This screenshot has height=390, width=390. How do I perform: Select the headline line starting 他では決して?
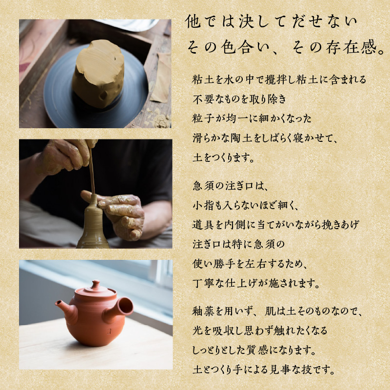click(272, 22)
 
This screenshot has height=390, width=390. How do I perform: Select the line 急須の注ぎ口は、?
click(234, 186)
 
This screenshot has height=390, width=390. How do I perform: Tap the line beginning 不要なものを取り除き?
click(239, 99)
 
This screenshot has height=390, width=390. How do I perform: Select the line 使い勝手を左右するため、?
click(249, 263)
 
